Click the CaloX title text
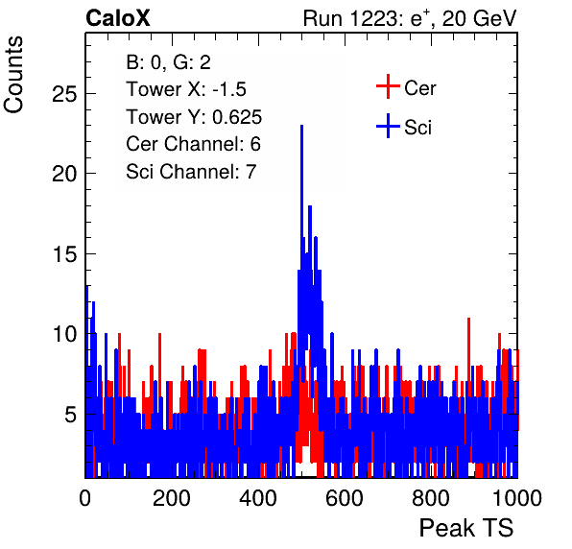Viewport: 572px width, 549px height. (x=118, y=18)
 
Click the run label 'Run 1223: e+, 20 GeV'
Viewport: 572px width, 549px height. (x=410, y=18)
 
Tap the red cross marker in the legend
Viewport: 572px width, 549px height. (x=388, y=86)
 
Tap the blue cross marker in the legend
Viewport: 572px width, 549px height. (x=388, y=127)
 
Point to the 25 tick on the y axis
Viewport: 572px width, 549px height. (x=64, y=94)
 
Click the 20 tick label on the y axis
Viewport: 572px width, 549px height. (x=64, y=174)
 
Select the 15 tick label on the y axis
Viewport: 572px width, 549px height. (x=65, y=254)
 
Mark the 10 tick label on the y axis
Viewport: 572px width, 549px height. (x=65, y=334)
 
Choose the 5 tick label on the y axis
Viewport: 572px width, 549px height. (x=71, y=415)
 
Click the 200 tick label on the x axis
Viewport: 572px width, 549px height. (x=172, y=498)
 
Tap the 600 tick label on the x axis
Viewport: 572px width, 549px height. (x=345, y=498)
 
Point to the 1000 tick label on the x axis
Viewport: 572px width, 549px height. (x=517, y=498)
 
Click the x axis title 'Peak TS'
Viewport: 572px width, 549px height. (x=466, y=528)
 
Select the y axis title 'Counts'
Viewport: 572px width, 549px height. (x=13, y=75)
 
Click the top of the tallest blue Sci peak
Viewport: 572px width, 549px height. (x=301, y=126)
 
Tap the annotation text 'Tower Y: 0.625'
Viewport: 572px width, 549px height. (x=194, y=117)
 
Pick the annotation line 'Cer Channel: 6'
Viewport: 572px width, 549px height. (x=193, y=144)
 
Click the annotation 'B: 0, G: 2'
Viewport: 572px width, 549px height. (x=168, y=62)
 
